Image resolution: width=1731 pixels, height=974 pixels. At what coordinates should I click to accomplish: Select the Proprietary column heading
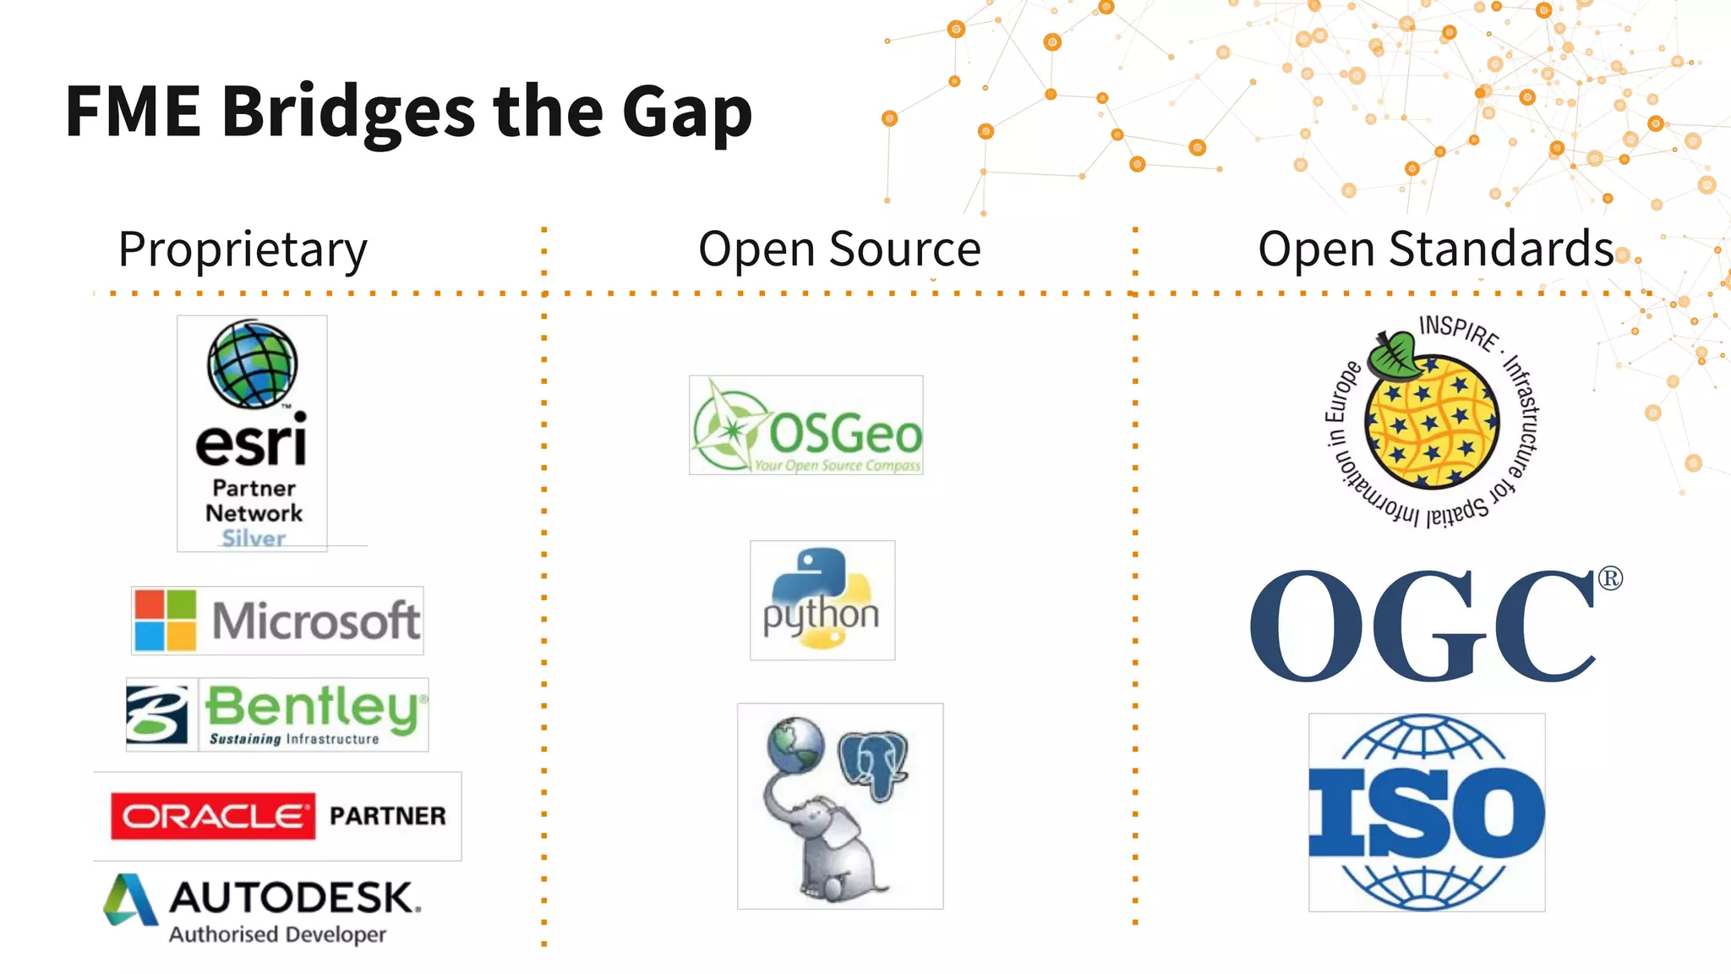[x=243, y=249]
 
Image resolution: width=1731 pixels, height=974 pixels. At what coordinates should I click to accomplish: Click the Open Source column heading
[x=839, y=249]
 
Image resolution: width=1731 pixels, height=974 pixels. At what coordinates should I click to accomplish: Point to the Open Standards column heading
[x=1435, y=249]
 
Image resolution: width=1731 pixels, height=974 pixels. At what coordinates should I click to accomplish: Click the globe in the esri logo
[x=252, y=364]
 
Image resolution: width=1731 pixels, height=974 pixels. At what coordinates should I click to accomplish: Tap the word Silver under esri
[x=254, y=538]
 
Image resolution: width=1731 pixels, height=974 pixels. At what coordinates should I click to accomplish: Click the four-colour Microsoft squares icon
[x=166, y=621]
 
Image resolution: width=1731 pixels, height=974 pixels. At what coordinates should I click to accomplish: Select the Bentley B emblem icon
[x=157, y=714]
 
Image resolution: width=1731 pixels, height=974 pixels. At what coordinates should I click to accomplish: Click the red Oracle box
[x=213, y=816]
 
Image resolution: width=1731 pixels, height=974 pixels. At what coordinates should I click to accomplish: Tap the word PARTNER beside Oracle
[x=388, y=816]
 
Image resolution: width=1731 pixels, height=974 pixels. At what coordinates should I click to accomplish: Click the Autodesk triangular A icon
[x=129, y=900]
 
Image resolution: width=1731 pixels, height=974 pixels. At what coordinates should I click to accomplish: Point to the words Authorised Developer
[x=277, y=934]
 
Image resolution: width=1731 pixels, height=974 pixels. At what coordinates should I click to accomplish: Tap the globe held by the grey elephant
[x=795, y=744]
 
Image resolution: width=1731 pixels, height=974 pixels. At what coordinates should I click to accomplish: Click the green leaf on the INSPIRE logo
[x=1394, y=353]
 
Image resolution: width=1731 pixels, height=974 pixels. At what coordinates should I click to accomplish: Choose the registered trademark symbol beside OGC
[x=1610, y=578]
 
